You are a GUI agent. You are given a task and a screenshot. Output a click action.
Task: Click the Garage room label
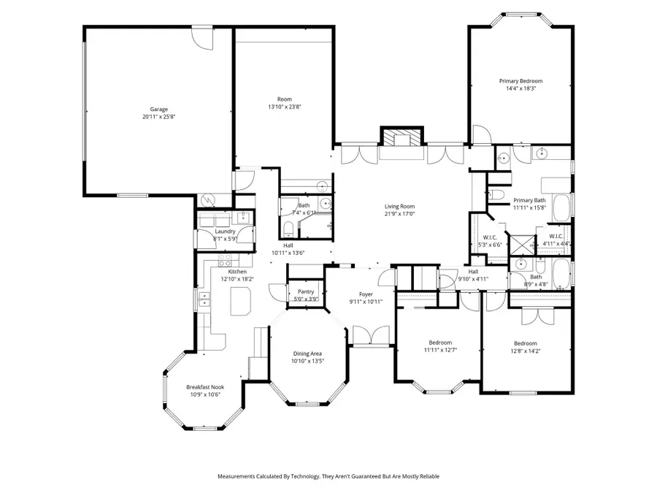tap(154, 110)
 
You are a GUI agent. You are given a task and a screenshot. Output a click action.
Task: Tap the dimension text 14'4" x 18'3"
tap(520, 88)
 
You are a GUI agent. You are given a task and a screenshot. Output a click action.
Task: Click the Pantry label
tap(305, 291)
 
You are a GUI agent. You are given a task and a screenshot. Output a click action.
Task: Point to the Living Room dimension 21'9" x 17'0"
tap(400, 214)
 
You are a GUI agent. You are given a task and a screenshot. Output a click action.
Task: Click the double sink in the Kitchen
tap(204, 298)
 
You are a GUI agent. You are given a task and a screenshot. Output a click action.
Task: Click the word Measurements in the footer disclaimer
tap(239, 476)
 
